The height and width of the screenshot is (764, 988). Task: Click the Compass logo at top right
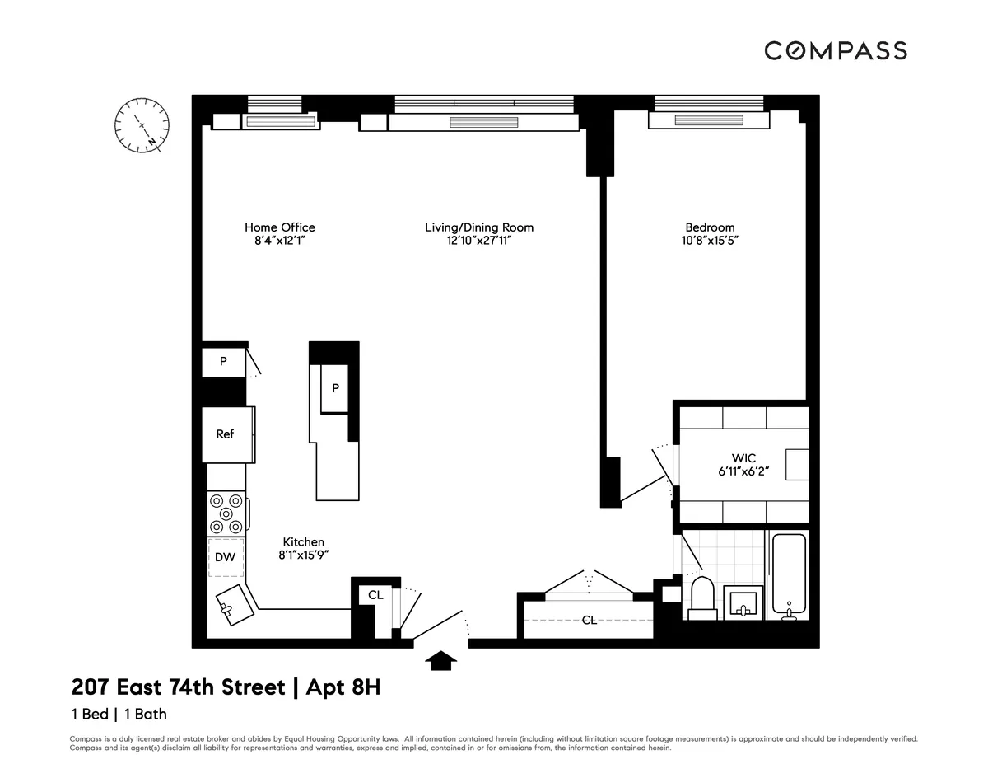click(x=835, y=50)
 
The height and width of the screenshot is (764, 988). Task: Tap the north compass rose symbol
click(x=142, y=125)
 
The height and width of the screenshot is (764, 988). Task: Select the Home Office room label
click(x=279, y=227)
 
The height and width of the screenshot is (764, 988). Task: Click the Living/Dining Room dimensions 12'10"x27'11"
click(x=479, y=241)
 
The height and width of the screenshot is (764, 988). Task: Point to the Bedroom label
click(x=709, y=227)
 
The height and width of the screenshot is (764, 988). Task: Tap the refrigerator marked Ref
click(x=225, y=434)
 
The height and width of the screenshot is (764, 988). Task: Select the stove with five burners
click(x=226, y=513)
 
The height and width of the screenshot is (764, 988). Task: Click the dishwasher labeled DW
click(x=225, y=557)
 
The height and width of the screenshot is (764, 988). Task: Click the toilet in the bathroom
click(x=703, y=597)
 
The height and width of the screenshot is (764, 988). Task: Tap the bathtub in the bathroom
click(x=789, y=574)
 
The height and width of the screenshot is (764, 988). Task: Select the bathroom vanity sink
click(x=743, y=603)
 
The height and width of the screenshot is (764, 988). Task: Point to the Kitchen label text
click(x=303, y=541)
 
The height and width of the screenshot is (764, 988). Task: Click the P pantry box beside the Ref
click(x=222, y=362)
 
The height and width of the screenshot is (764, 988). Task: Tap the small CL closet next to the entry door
click(x=375, y=594)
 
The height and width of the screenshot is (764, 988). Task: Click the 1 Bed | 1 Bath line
click(x=119, y=715)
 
